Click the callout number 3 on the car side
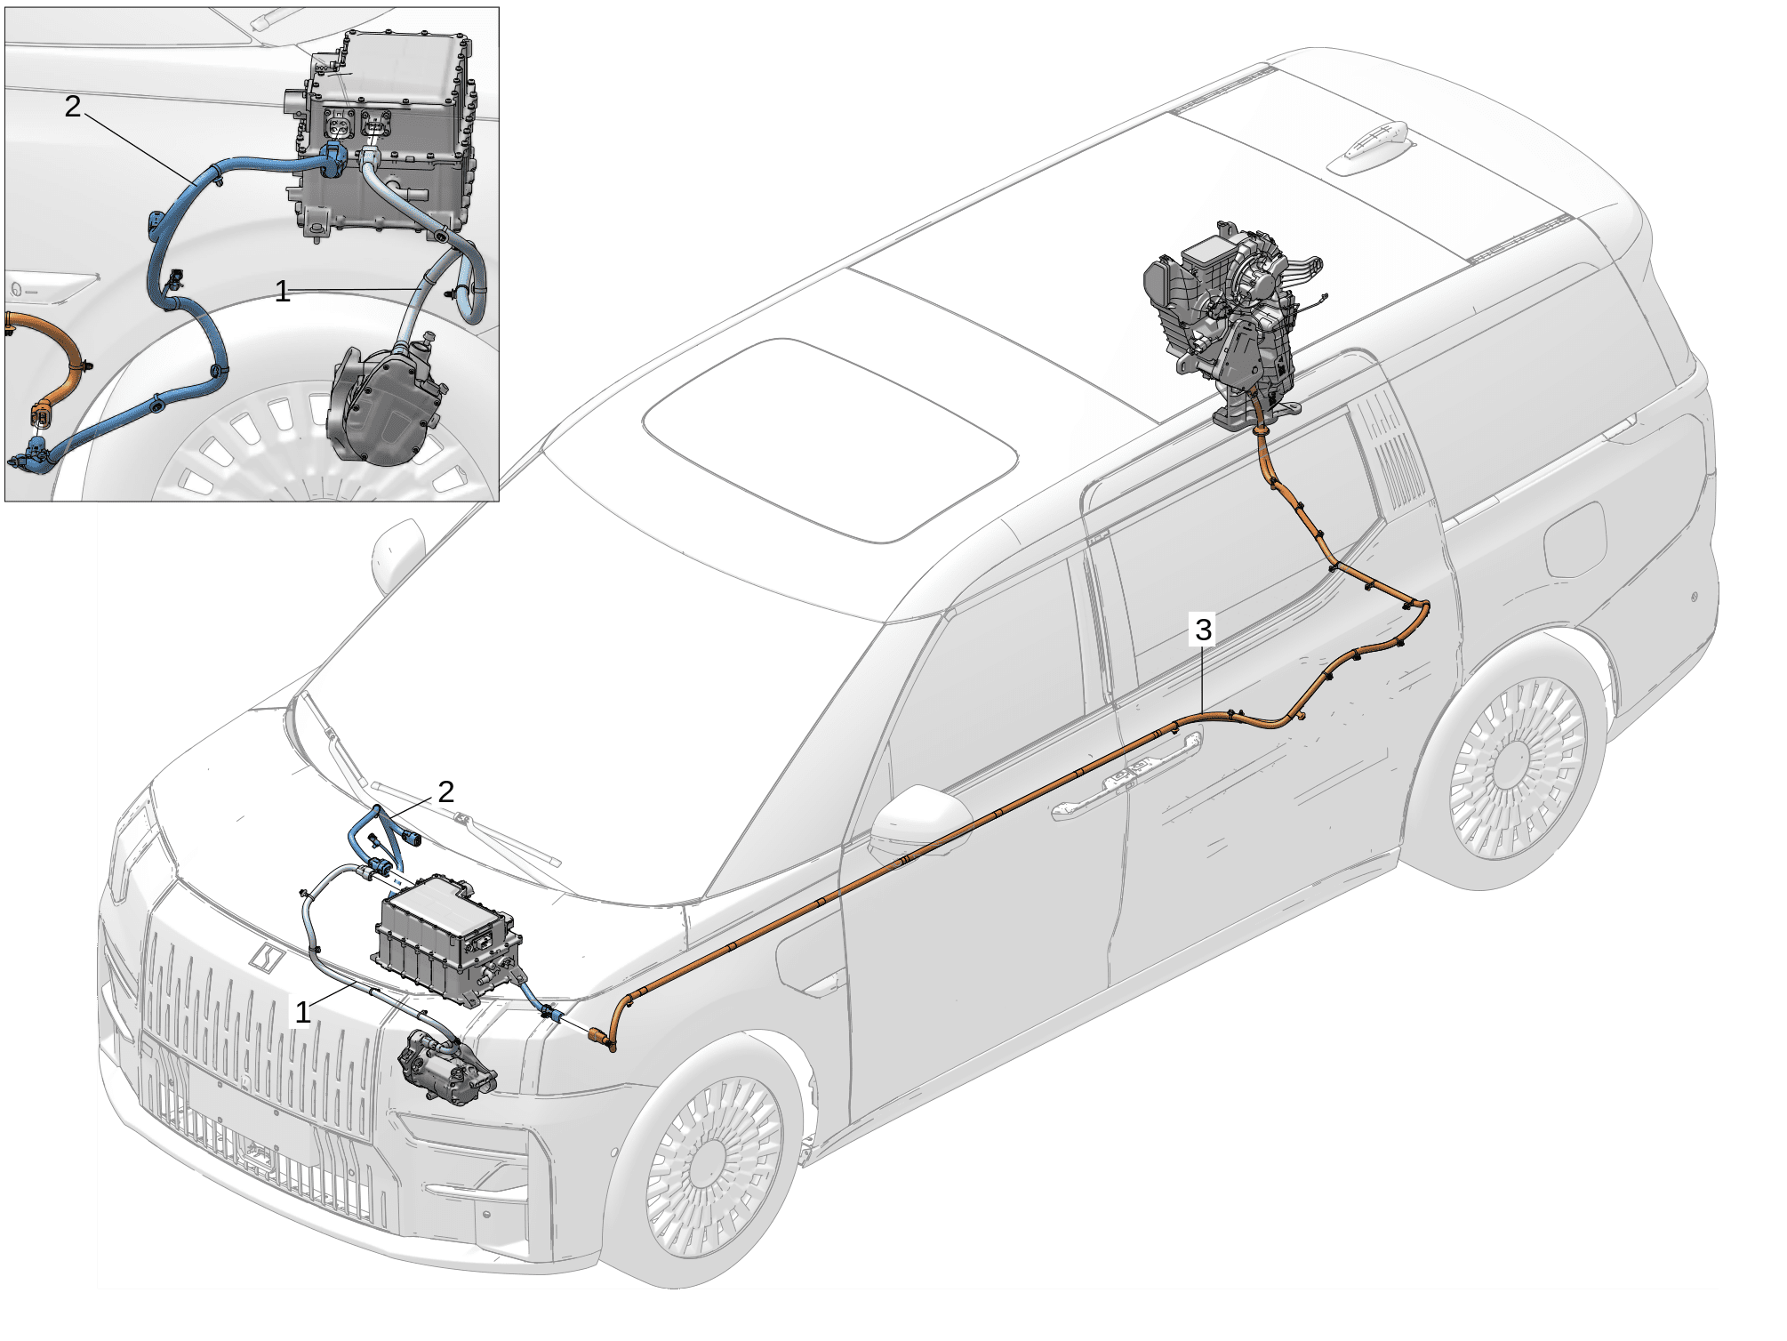(x=1203, y=630)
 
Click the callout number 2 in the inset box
(x=73, y=107)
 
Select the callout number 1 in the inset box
(x=283, y=291)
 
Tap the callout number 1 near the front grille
(x=303, y=1012)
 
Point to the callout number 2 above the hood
(x=446, y=791)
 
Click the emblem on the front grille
(x=266, y=957)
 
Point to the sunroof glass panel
(x=831, y=439)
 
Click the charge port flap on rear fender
(x=1575, y=538)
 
